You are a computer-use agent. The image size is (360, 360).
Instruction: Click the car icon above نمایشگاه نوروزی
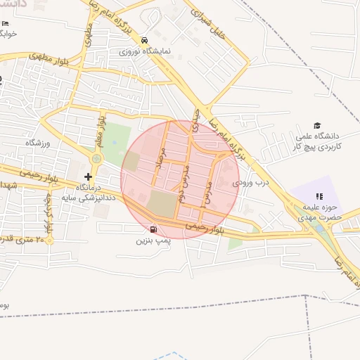click(x=144, y=40)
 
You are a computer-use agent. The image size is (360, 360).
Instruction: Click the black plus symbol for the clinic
click(x=88, y=176)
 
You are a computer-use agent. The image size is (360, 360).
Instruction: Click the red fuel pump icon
click(x=153, y=229)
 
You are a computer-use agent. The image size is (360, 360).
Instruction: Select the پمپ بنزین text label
click(x=153, y=240)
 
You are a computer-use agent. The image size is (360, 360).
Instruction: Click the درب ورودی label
click(x=252, y=182)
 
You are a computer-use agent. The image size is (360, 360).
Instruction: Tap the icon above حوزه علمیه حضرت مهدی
click(x=319, y=197)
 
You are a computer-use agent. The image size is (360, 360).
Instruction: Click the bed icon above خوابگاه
click(x=6, y=24)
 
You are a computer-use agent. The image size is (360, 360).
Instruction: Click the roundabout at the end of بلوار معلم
click(x=96, y=159)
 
